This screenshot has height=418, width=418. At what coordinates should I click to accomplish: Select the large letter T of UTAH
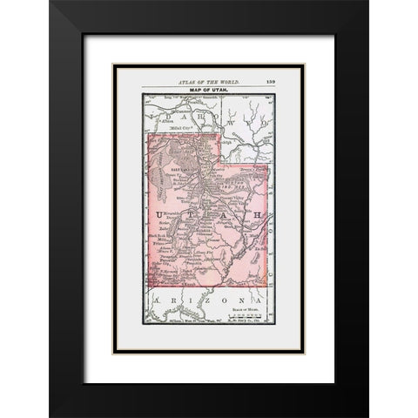190,213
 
